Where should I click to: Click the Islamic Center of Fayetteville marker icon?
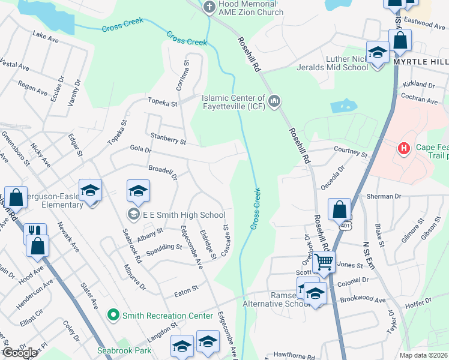(274, 101)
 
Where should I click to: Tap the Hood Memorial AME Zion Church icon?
(209, 7)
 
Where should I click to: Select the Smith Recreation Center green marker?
(112, 314)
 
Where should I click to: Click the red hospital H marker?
(404, 148)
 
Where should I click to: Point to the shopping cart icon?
(324, 262)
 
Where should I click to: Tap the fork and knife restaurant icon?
(35, 232)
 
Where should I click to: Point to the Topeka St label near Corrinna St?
(163, 103)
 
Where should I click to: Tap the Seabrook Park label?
(125, 350)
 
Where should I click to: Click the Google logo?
(19, 353)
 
